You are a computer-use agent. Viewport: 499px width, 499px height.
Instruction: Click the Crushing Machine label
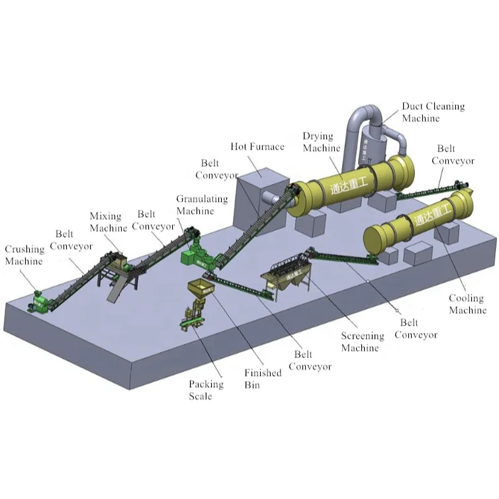pos(24,255)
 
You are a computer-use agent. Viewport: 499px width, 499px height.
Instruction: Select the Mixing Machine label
pos(108,222)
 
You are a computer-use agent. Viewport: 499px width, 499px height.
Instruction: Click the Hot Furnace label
pos(257,146)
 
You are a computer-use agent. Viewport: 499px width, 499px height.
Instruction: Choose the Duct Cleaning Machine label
pos(433,112)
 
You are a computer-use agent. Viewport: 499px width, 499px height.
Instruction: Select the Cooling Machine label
pos(467,304)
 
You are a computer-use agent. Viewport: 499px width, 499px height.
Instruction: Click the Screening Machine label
pos(361,342)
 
